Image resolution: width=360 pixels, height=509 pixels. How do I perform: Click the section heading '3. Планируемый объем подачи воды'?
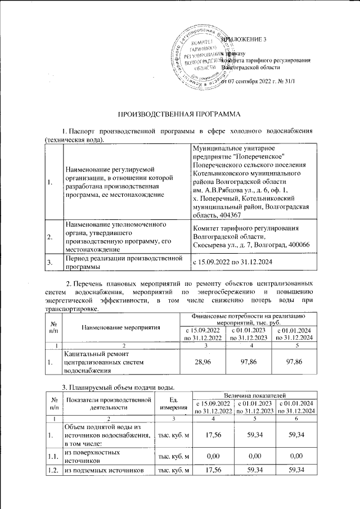(x=118, y=386)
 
